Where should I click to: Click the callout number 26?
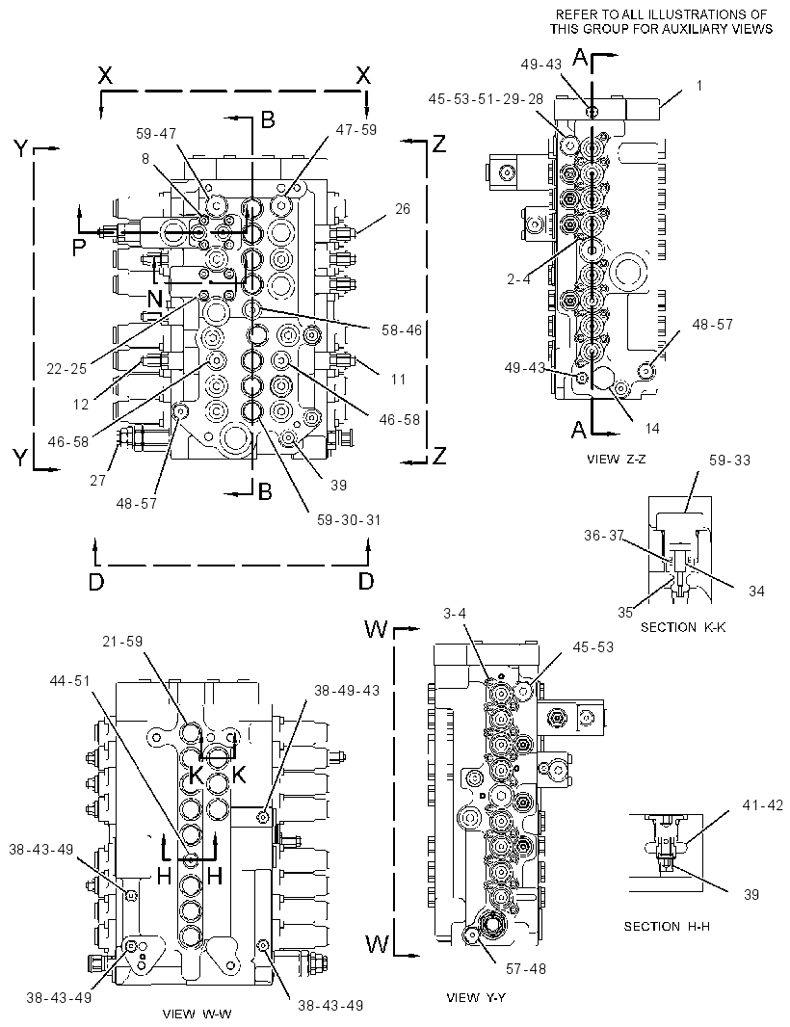pyautogui.click(x=402, y=209)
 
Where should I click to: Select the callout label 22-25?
pyautogui.click(x=66, y=369)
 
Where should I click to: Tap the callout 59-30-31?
pyautogui.click(x=349, y=520)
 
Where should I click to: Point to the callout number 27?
pyautogui.click(x=97, y=480)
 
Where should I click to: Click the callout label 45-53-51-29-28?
pyautogui.click(x=487, y=98)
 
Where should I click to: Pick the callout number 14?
pyautogui.click(x=651, y=428)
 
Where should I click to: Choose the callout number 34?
pyautogui.click(x=756, y=591)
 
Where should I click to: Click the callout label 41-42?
pyautogui.click(x=762, y=805)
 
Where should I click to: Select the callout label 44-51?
pyautogui.click(x=69, y=681)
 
